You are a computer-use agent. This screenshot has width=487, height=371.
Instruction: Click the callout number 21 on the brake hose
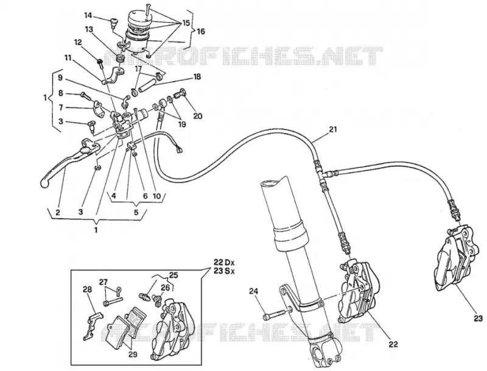pyautogui.click(x=332, y=129)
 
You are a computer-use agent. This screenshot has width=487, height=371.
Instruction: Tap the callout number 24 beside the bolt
pyautogui.click(x=253, y=291)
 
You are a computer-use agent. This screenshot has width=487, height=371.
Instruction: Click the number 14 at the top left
pyautogui.click(x=88, y=15)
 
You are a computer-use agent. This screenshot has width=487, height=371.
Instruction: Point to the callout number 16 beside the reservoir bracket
pyautogui.click(x=201, y=32)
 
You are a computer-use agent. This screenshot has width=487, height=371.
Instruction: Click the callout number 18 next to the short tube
pyautogui.click(x=197, y=76)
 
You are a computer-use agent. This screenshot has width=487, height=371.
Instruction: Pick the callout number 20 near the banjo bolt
pyautogui.click(x=198, y=116)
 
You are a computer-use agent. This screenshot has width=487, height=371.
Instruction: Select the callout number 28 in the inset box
pyautogui.click(x=87, y=289)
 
